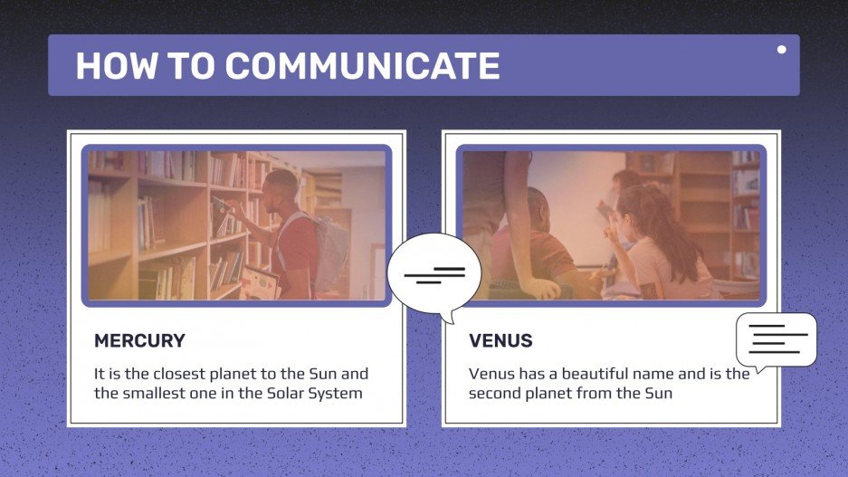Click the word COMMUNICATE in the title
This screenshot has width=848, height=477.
[x=362, y=66]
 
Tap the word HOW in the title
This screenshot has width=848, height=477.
[x=108, y=66]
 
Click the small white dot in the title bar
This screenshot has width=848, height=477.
[x=782, y=50]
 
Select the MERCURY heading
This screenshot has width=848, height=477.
[x=139, y=341]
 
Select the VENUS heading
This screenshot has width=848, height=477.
[x=500, y=341]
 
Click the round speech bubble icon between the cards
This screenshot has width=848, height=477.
[x=434, y=273]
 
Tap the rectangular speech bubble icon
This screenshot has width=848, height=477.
[x=777, y=339]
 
